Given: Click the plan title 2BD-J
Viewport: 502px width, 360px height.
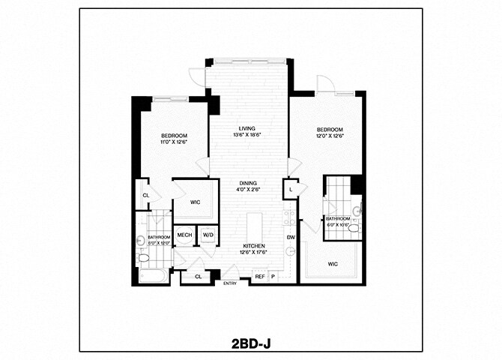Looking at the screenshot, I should pyautogui.click(x=251, y=344).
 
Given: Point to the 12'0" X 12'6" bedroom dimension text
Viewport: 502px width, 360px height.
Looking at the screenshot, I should pyautogui.click(x=330, y=136).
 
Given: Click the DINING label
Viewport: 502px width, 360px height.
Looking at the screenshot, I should pyautogui.click(x=249, y=183).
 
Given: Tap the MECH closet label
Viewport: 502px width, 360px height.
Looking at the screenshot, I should pyautogui.click(x=184, y=235).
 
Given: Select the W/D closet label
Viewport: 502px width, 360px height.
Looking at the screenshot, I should pyautogui.click(x=207, y=235).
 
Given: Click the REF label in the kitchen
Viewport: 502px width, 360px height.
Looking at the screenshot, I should pyautogui.click(x=259, y=277).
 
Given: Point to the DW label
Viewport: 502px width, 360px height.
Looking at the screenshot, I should pyautogui.click(x=290, y=238).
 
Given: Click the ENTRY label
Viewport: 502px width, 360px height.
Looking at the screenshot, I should pyautogui.click(x=230, y=283).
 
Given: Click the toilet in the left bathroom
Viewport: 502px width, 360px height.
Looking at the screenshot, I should pyautogui.click(x=143, y=257).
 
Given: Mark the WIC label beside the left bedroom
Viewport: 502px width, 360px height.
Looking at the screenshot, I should pyautogui.click(x=195, y=202).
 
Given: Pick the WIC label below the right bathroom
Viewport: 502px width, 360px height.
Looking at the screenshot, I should pyautogui.click(x=332, y=264).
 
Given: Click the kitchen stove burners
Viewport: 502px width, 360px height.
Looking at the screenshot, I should pyautogui.click(x=286, y=218).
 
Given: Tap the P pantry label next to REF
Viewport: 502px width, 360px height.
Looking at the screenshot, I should pyautogui.click(x=272, y=277).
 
